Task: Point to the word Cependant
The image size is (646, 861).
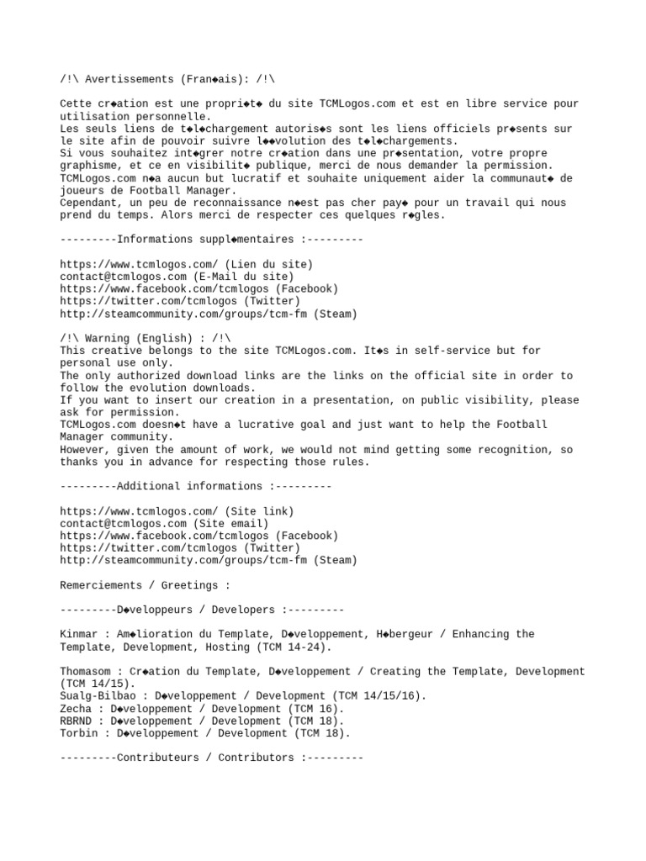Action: coord(88,203)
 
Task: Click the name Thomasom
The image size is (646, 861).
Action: coord(85,672)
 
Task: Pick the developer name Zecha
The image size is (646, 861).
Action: coord(76,709)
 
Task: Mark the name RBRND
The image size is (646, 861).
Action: coord(76,721)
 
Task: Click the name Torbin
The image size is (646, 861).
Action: coord(79,733)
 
